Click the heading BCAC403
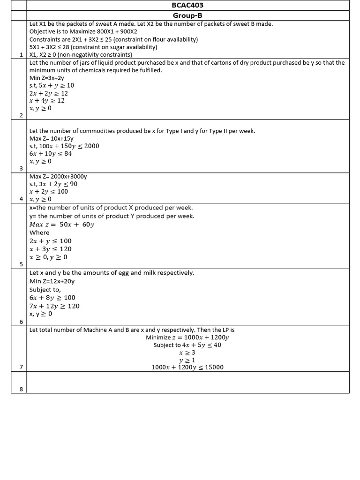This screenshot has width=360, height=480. [x=187, y=5]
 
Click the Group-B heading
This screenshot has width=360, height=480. [x=187, y=15]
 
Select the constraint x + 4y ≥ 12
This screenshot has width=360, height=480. [x=47, y=101]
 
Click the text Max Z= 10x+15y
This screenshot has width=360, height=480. [x=52, y=138]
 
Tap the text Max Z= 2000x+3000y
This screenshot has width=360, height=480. [x=58, y=176]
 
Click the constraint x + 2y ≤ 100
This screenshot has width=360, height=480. [x=48, y=191]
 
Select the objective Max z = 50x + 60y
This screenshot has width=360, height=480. [x=62, y=225]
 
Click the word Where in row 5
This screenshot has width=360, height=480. [x=39, y=232]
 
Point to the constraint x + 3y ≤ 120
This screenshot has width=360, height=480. [x=50, y=249]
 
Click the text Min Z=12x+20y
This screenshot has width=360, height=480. [x=52, y=281]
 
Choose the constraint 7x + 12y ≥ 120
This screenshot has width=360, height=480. [x=54, y=306]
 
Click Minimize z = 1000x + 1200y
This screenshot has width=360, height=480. [x=187, y=337]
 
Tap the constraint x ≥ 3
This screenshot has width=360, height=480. [x=187, y=352]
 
